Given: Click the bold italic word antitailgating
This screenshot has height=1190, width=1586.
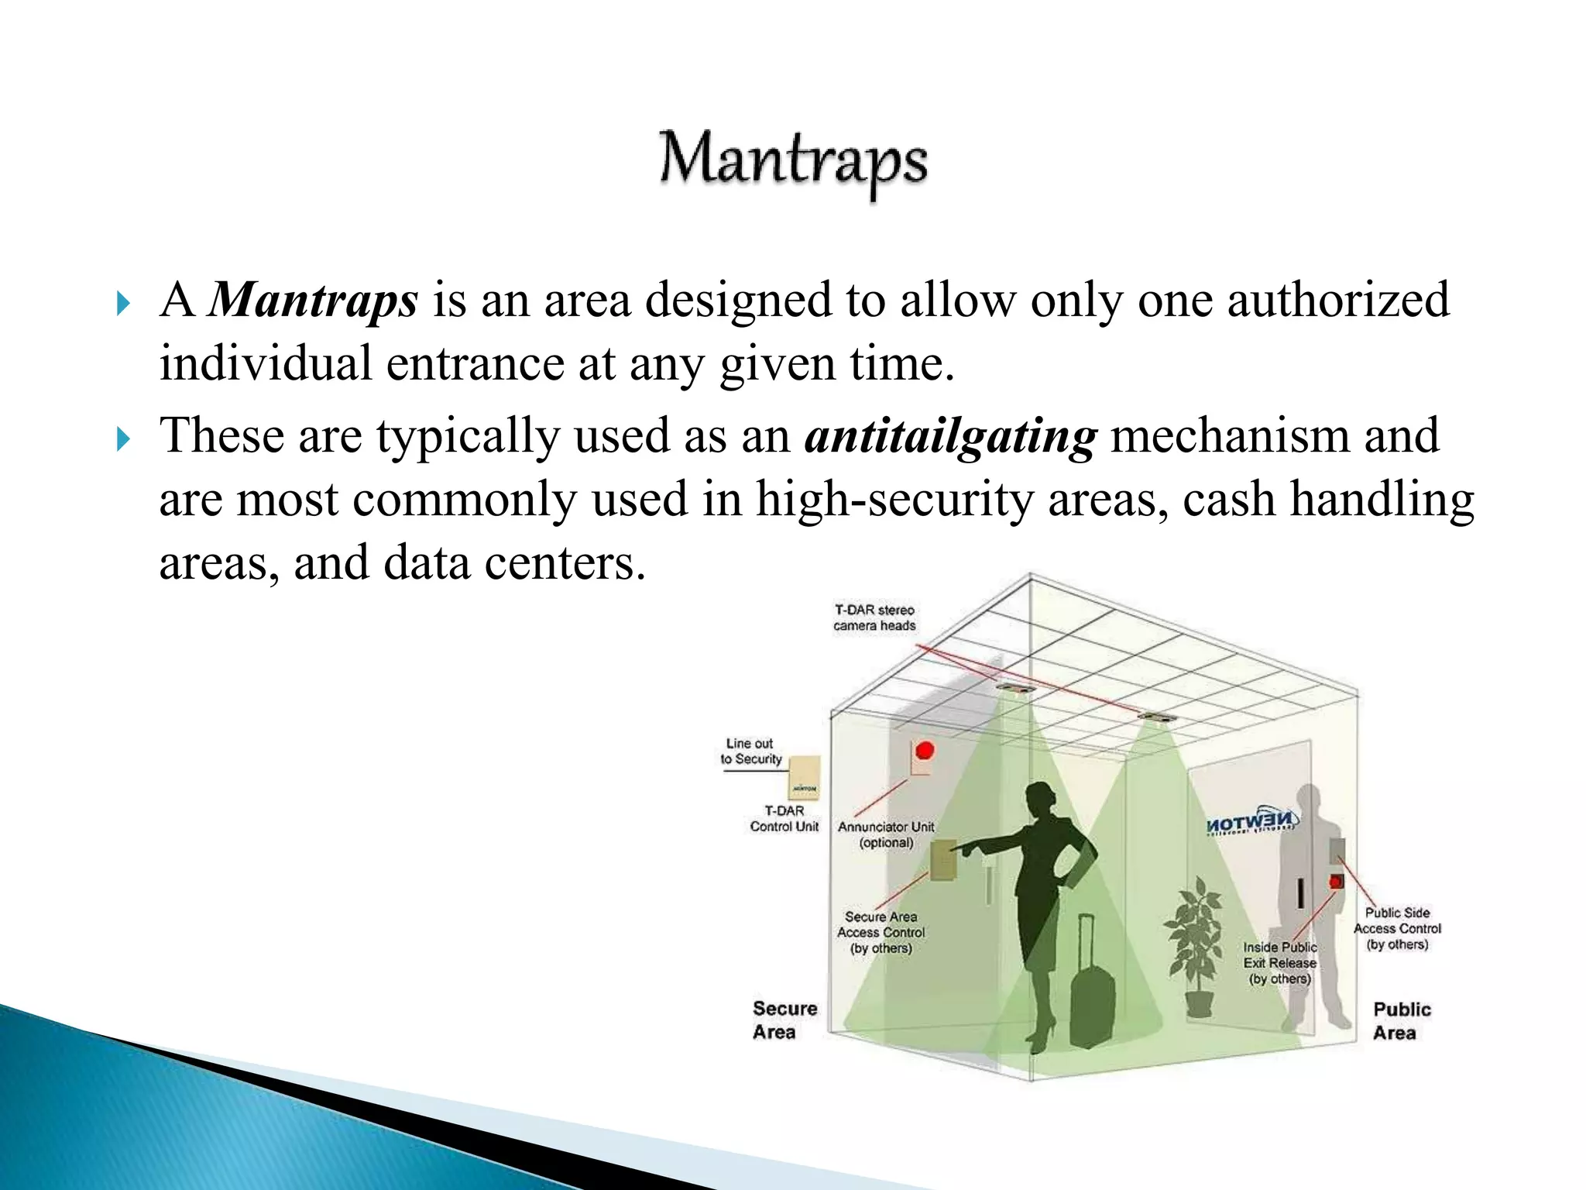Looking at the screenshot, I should point(950,436).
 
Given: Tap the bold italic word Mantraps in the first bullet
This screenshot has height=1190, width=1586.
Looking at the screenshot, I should point(314,300).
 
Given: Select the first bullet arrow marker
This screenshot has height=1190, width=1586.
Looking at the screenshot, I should point(123,303).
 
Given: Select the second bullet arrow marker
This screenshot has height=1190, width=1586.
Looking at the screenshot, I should point(123,439).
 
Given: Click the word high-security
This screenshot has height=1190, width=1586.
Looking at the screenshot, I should point(894,500).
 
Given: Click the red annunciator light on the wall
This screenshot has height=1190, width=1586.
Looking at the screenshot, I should point(925,750).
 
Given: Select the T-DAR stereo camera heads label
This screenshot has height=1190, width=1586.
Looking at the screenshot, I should point(874,617).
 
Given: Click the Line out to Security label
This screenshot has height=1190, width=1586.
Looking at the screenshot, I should point(750,751).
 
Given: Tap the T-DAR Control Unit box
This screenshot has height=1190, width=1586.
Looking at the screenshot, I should point(805,777).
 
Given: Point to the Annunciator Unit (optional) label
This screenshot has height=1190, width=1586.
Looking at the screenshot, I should point(886,834).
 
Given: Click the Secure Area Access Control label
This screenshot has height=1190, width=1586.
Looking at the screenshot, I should point(881,932).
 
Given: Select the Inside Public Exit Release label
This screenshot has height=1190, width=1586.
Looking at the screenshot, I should point(1279,962).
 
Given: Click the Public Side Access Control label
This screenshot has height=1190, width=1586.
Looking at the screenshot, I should point(1397,928).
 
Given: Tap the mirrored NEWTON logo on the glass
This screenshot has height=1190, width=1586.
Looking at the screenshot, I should point(1251,823).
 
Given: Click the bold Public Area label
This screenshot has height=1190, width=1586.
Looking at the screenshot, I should point(1401,1020).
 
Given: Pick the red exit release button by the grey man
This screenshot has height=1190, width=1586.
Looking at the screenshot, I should point(1336,882).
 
